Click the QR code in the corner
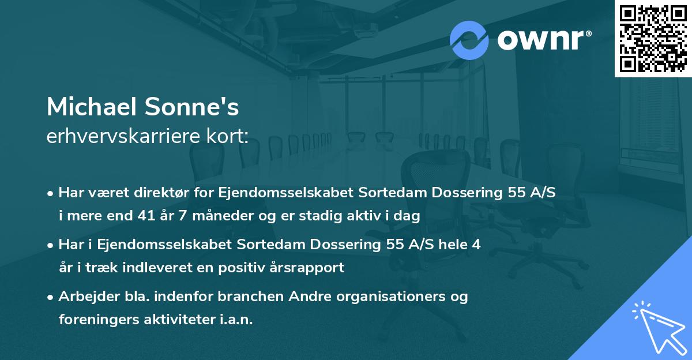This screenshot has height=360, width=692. point(653,39)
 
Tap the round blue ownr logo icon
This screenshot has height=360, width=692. point(469,40)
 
